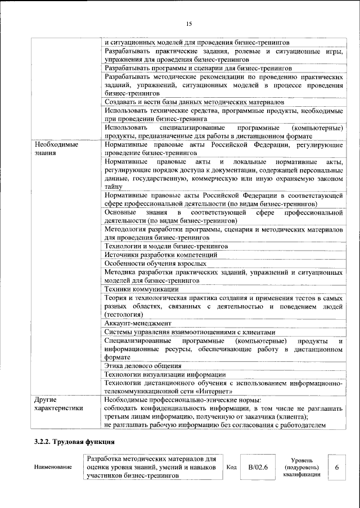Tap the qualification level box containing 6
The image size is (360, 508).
pos(336,467)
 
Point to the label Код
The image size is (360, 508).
pos(231,468)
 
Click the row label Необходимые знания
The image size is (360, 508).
pos(56,148)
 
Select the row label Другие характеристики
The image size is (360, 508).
pos(58,403)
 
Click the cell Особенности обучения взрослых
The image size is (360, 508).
pos(155,263)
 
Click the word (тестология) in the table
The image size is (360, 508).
pos(125,315)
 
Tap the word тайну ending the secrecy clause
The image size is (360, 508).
pos(114,187)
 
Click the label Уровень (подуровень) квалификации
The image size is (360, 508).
pos(302,467)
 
